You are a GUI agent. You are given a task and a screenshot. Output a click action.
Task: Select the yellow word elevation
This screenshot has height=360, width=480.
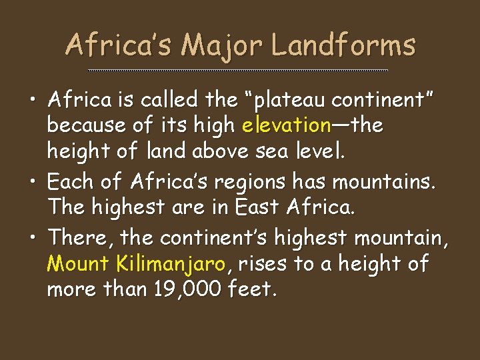(x=287, y=125)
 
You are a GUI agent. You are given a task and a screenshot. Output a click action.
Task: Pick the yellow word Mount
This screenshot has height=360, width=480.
(x=78, y=265)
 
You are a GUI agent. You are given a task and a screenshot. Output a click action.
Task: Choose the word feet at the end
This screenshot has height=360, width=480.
(x=251, y=290)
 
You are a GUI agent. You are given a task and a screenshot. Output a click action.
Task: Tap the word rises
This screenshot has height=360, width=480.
(x=263, y=265)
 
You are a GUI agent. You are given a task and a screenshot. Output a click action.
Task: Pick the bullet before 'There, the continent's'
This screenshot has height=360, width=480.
(x=33, y=237)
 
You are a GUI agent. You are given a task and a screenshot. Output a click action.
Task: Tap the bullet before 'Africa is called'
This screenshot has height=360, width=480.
(x=33, y=101)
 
